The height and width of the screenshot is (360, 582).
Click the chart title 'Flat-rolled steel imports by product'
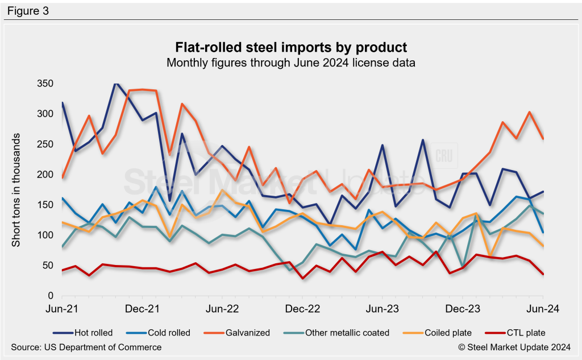[290, 47]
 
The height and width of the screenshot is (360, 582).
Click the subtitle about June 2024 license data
[290, 63]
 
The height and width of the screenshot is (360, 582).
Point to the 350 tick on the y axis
[45, 84]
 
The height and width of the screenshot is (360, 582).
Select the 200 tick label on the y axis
[45, 175]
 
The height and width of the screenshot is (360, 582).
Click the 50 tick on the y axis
[48, 266]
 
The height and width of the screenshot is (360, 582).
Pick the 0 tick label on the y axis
[51, 296]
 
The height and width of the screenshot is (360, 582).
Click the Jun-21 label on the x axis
[62, 309]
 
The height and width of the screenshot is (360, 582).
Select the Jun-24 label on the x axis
[543, 309]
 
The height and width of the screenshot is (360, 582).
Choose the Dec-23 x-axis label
[463, 309]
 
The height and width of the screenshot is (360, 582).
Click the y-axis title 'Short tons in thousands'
[16, 190]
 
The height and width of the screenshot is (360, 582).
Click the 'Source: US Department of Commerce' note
[86, 347]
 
